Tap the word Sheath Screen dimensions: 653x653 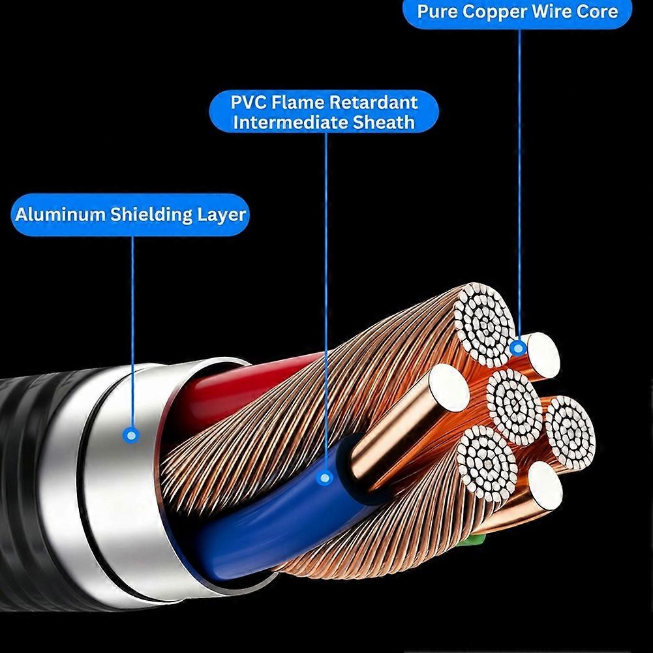pyautogui.click(x=384, y=122)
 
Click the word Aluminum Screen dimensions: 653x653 pyautogui.click(x=61, y=215)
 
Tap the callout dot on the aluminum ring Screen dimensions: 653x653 pyautogui.click(x=132, y=436)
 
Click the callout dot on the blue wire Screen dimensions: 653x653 pyautogui.click(x=326, y=478)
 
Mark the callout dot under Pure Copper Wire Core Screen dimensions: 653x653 pyautogui.click(x=518, y=348)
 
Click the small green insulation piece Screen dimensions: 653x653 pyautogui.click(x=475, y=540)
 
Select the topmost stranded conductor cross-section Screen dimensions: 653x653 pyautogui.click(x=484, y=324)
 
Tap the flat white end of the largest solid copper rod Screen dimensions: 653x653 pyautogui.click(x=449, y=387)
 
